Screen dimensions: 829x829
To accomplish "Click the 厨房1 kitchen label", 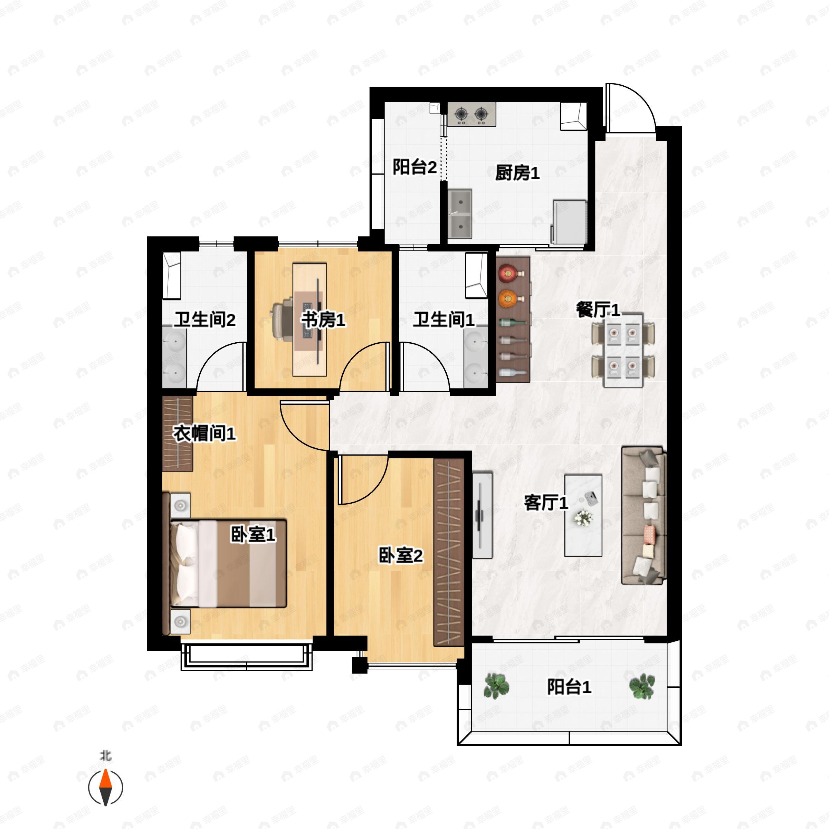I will [517, 173].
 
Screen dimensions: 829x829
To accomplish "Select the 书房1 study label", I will [323, 320].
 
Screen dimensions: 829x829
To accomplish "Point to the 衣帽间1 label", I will [204, 433].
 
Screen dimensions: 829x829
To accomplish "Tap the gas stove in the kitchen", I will [471, 114].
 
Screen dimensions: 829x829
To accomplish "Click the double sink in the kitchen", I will [460, 214].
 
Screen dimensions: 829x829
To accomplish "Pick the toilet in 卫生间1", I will [476, 276].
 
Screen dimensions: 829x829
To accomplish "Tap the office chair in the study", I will [283, 321].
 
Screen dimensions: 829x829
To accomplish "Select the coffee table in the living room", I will [583, 515].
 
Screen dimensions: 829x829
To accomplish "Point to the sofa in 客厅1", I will [644, 515].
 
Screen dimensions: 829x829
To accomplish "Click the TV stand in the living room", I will [482, 515].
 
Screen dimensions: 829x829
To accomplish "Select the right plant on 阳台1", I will [642, 686].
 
